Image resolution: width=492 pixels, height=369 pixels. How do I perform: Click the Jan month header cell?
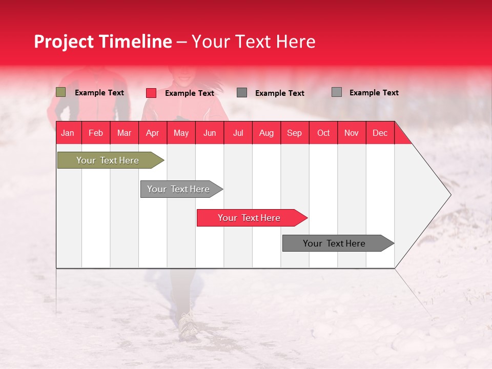[x=68, y=133]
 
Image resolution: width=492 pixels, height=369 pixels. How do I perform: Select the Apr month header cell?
[x=153, y=133]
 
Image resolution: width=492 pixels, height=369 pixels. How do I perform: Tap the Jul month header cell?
[x=238, y=133]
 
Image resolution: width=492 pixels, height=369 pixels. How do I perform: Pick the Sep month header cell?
[x=295, y=133]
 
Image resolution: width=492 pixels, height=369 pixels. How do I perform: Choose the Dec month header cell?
[x=380, y=133]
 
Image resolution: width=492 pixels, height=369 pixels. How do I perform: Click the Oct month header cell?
[x=323, y=133]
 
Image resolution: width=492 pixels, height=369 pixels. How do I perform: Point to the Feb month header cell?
[x=96, y=133]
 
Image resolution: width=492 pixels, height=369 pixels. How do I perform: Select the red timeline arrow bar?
[x=250, y=218]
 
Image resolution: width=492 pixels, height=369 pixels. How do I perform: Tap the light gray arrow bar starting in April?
[x=179, y=189]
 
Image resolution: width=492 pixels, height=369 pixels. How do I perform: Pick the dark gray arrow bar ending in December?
[x=336, y=243]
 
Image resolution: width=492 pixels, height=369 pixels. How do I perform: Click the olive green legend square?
[x=61, y=92]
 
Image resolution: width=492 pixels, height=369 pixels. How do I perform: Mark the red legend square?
[x=151, y=93]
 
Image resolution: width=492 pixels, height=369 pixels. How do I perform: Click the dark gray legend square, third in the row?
[x=242, y=93]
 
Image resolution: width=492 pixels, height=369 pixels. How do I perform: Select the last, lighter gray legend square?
[x=337, y=92]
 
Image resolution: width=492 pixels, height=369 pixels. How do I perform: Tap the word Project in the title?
[x=63, y=42]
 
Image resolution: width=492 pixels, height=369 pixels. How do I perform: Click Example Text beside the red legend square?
[x=190, y=93]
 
